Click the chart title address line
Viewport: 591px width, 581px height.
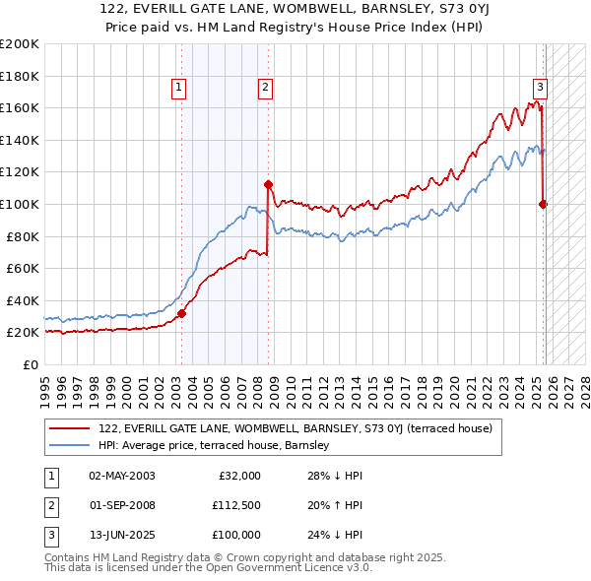pos(295,9)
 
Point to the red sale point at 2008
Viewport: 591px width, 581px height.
pos(268,184)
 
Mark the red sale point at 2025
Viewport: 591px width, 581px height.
pos(543,204)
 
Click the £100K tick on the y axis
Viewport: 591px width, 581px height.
pos(19,204)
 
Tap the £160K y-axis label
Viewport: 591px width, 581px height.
pos(19,107)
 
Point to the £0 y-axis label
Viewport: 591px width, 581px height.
pos(29,364)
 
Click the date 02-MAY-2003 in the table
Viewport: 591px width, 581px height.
pos(122,476)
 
